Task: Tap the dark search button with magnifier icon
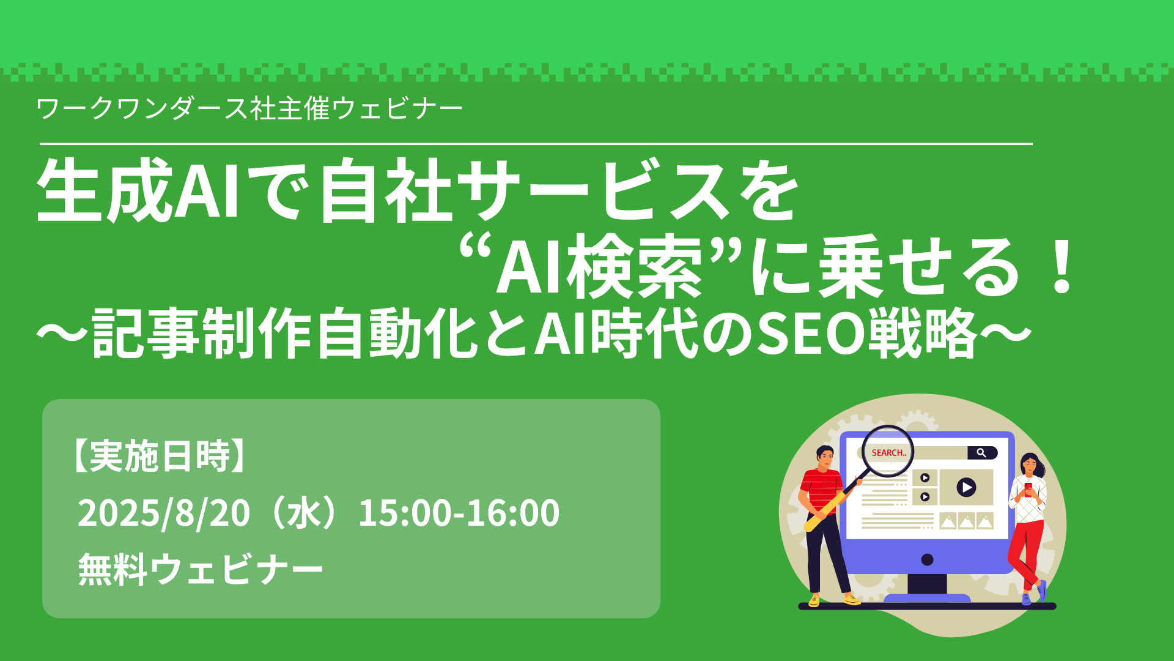point(982,453)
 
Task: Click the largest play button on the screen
point(966,487)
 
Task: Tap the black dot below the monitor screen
point(927,559)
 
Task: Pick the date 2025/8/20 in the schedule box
point(164,513)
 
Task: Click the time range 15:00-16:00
point(459,513)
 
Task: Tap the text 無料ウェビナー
point(201,569)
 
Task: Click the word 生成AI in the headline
point(138,190)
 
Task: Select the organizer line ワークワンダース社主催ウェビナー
point(249,109)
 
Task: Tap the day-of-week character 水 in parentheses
point(305,513)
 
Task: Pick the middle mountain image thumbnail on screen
point(966,521)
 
